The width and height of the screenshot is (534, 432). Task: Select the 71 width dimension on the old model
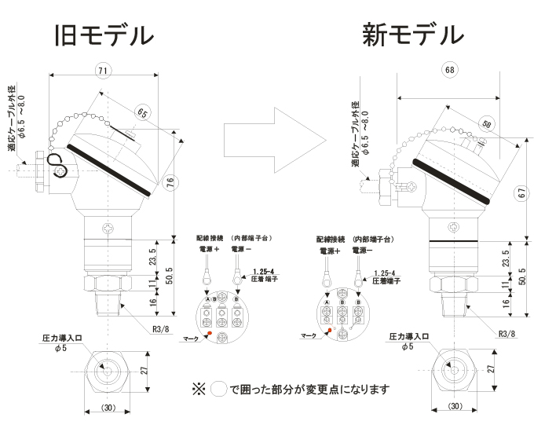click(102, 71)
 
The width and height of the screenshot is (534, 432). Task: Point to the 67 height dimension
click(524, 193)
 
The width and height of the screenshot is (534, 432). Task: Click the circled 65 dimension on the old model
click(143, 112)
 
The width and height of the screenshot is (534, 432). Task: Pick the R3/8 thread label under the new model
click(508, 332)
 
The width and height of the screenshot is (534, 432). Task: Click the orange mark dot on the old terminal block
click(209, 336)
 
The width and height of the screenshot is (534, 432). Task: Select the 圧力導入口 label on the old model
click(60, 337)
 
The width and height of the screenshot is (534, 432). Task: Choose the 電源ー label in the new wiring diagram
click(362, 250)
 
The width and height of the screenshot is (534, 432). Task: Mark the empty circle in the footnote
click(220, 389)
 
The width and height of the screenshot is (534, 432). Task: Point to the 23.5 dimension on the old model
click(154, 255)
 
